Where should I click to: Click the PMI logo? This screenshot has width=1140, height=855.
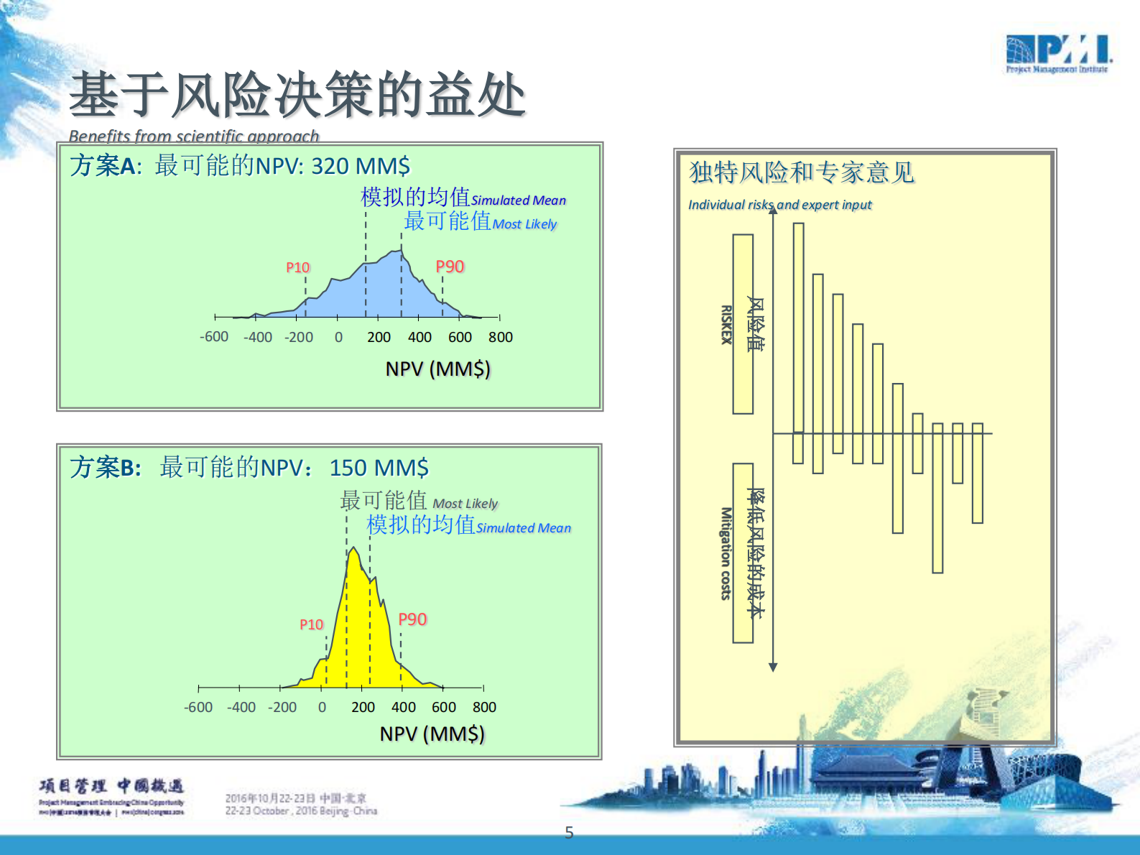1057,53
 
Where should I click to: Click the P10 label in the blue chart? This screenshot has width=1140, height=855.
297,267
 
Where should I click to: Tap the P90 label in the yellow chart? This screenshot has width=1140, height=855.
412,619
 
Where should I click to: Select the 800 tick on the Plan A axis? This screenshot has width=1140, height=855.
501,337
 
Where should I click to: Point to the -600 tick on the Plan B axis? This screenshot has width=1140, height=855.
198,707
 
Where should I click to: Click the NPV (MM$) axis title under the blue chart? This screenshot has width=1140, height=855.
437,369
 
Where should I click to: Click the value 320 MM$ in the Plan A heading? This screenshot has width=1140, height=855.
361,166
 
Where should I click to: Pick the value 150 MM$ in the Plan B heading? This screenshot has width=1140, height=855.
379,468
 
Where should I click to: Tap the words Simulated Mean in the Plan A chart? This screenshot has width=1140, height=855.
519,200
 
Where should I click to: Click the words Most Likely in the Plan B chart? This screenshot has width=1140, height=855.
465,504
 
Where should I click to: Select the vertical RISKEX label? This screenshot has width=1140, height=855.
726,324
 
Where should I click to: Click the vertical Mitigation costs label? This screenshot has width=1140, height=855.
726,553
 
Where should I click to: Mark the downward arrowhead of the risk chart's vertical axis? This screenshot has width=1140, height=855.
773,667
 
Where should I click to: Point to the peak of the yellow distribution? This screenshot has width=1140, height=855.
353,550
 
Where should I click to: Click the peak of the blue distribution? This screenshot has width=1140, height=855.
400,251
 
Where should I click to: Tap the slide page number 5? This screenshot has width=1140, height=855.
569,833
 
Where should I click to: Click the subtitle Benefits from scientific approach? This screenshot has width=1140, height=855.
193,136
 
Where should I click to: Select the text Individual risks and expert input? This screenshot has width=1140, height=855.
779,205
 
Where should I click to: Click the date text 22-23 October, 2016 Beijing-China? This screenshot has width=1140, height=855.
301,811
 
